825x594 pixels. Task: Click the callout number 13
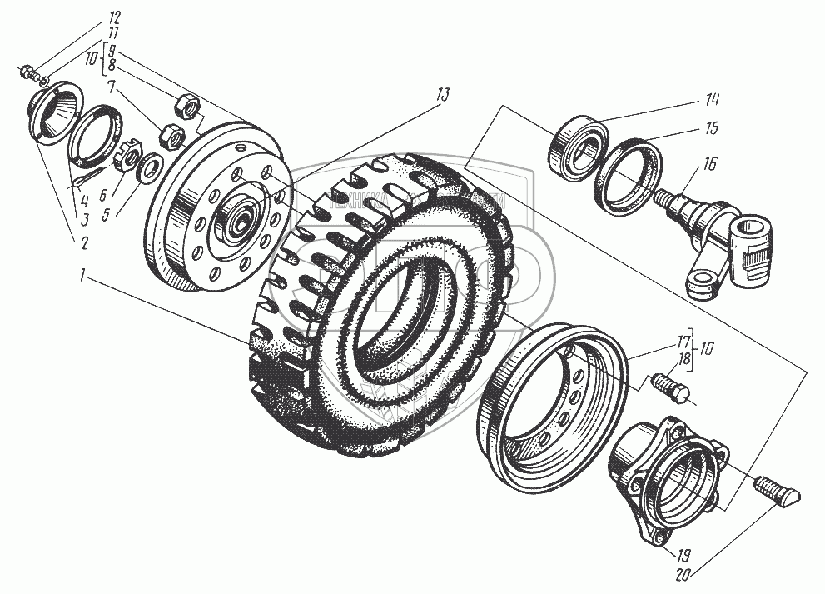click(x=440, y=96)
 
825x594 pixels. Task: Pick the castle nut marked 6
click(x=129, y=155)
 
